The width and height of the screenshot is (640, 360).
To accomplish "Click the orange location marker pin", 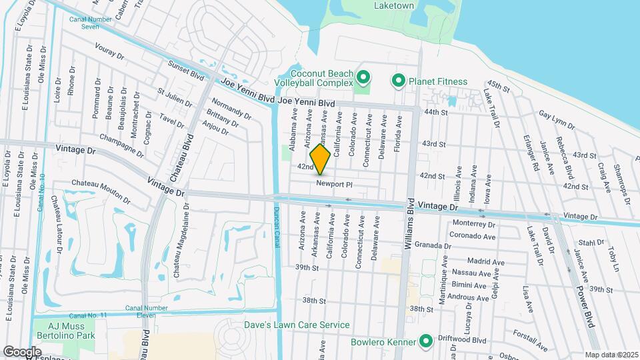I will [x=321, y=159].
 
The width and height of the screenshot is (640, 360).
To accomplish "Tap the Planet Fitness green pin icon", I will [x=399, y=81].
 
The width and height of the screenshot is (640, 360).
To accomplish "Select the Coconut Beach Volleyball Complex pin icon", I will [x=363, y=79].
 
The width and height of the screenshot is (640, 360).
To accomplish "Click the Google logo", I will [x=22, y=351].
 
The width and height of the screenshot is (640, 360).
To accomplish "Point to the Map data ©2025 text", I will [x=611, y=355].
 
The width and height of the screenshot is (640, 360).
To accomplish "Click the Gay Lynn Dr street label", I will [x=557, y=119].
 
